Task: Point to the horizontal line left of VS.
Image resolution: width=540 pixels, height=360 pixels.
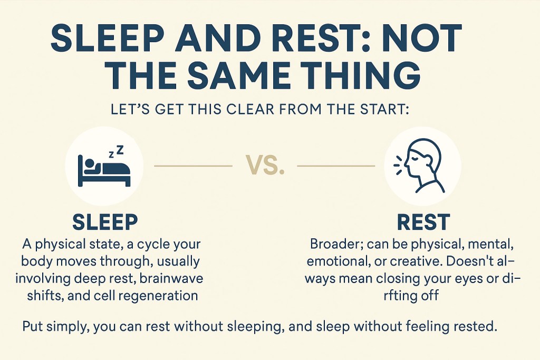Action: click(193, 166)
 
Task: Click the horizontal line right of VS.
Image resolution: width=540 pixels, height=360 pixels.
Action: click(336, 166)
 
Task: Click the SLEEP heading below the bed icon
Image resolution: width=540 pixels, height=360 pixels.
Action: click(105, 222)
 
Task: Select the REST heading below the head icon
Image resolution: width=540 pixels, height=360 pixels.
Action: click(423, 222)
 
